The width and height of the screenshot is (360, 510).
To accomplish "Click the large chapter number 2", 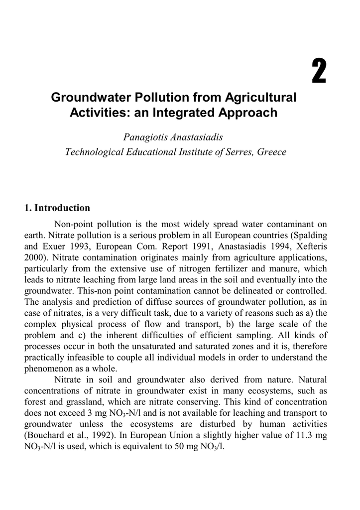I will pyautogui.click(x=319, y=71).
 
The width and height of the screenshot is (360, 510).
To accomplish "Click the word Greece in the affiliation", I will pyautogui.click(x=271, y=151).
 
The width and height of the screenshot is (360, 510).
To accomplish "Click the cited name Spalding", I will pyautogui.click(x=308, y=235).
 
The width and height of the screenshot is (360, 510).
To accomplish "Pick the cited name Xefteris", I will pyautogui.click(x=310, y=246).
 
